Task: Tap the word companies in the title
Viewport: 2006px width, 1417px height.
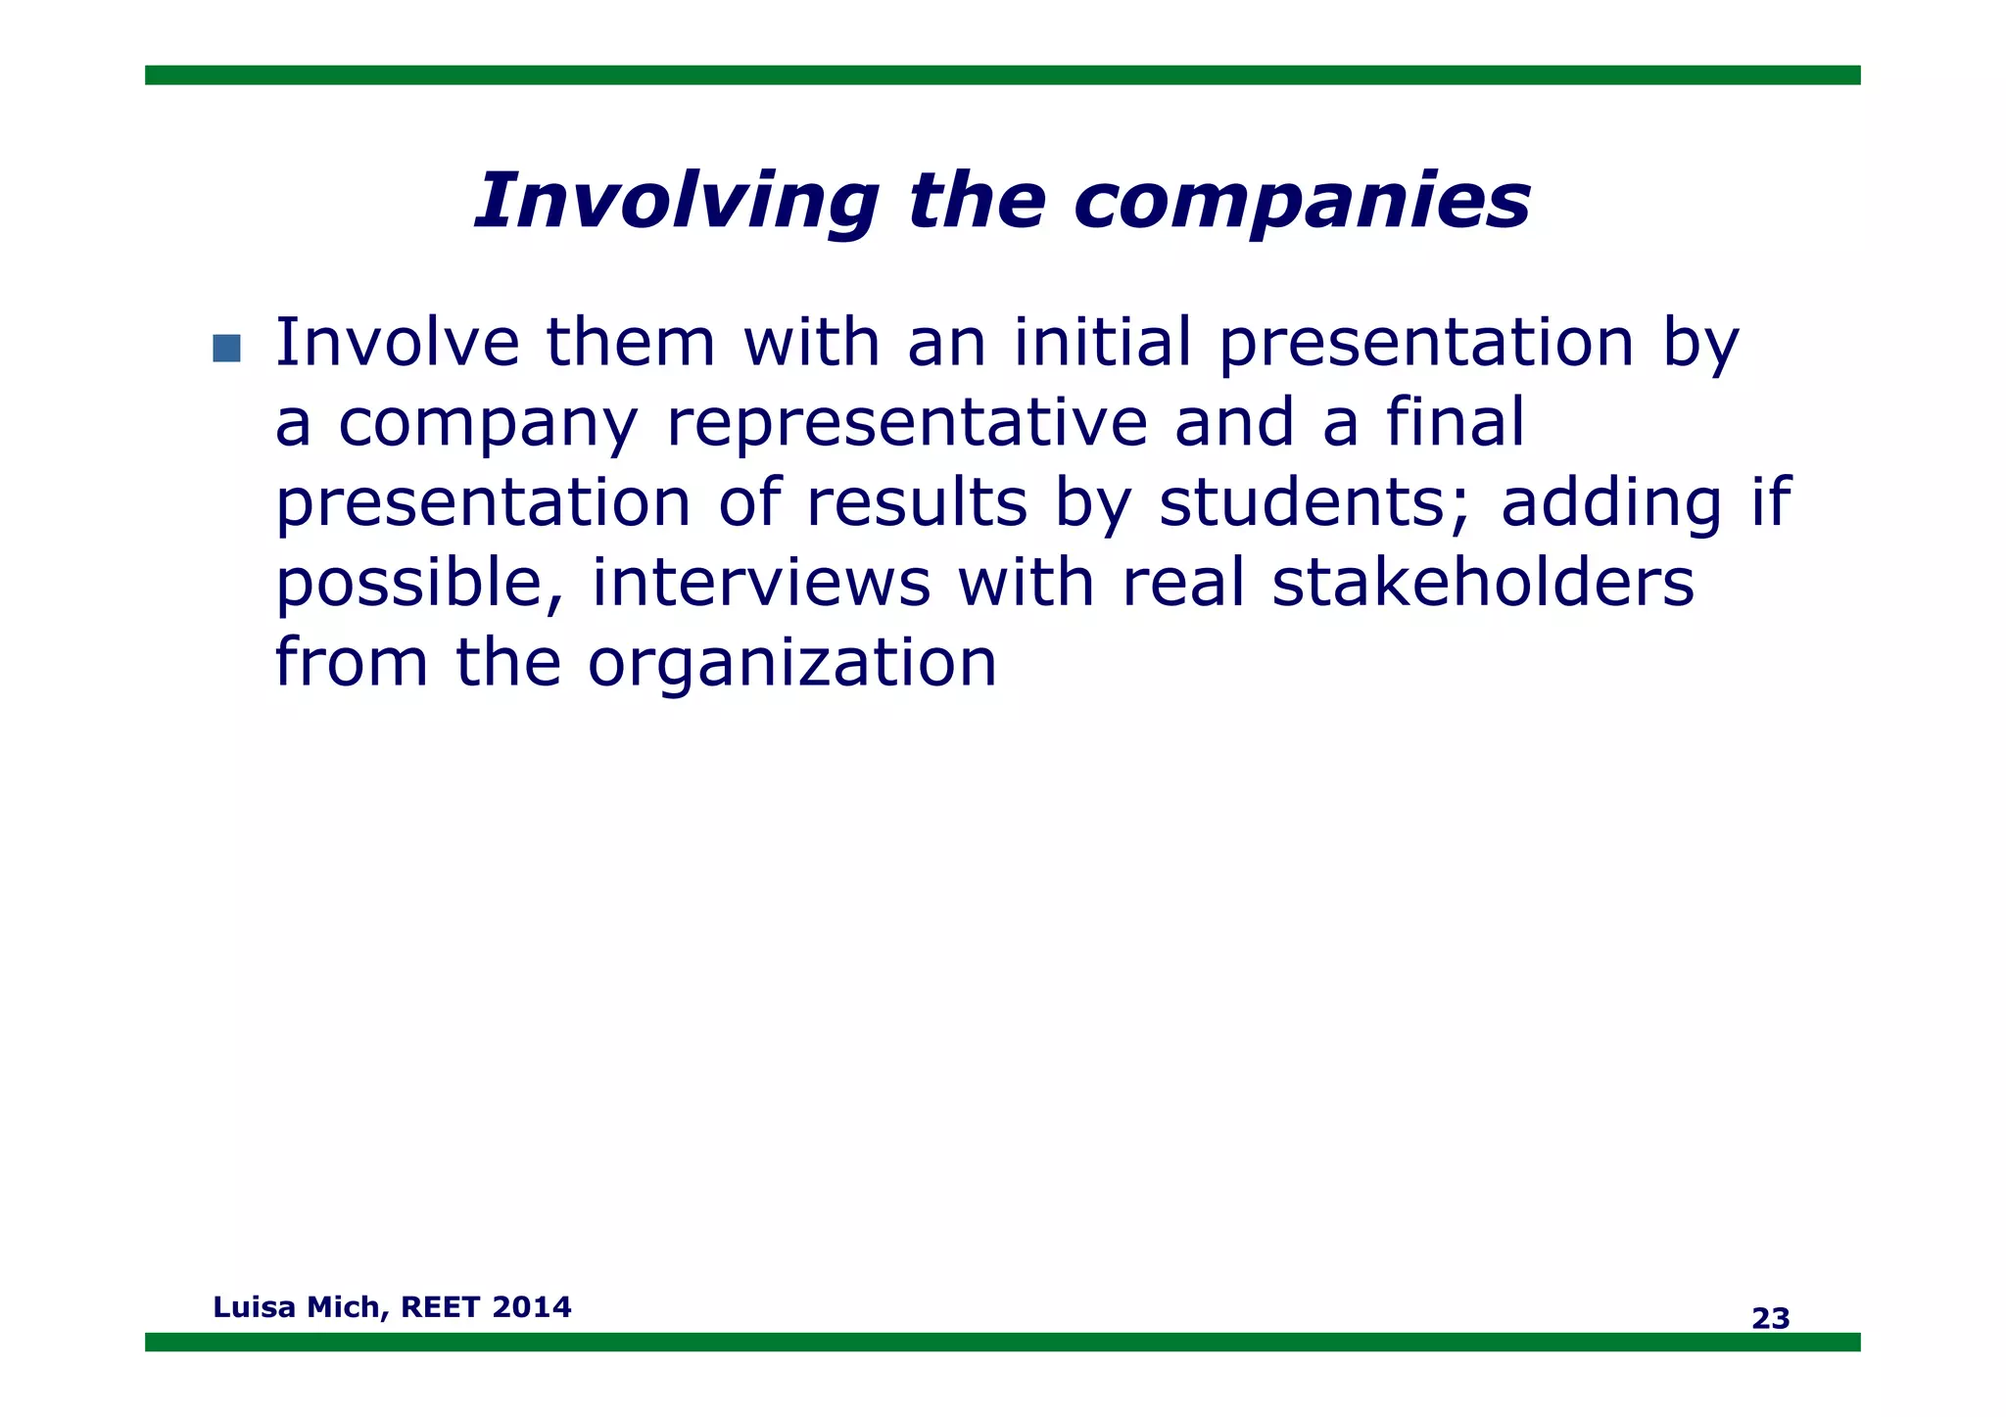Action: (1302, 202)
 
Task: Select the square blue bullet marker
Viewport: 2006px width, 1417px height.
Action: (226, 348)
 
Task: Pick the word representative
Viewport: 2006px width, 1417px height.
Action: (906, 423)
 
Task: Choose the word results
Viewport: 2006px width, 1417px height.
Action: (917, 503)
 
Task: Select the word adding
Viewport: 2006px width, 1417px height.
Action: (1611, 503)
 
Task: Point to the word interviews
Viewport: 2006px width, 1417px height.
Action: (761, 584)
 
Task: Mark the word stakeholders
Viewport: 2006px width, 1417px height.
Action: (1483, 584)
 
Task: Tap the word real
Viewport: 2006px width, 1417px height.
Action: (1183, 584)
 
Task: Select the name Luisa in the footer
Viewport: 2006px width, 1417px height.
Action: (254, 1307)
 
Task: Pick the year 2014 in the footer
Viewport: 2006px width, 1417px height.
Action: (532, 1307)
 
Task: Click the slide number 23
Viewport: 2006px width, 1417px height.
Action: (1770, 1319)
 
